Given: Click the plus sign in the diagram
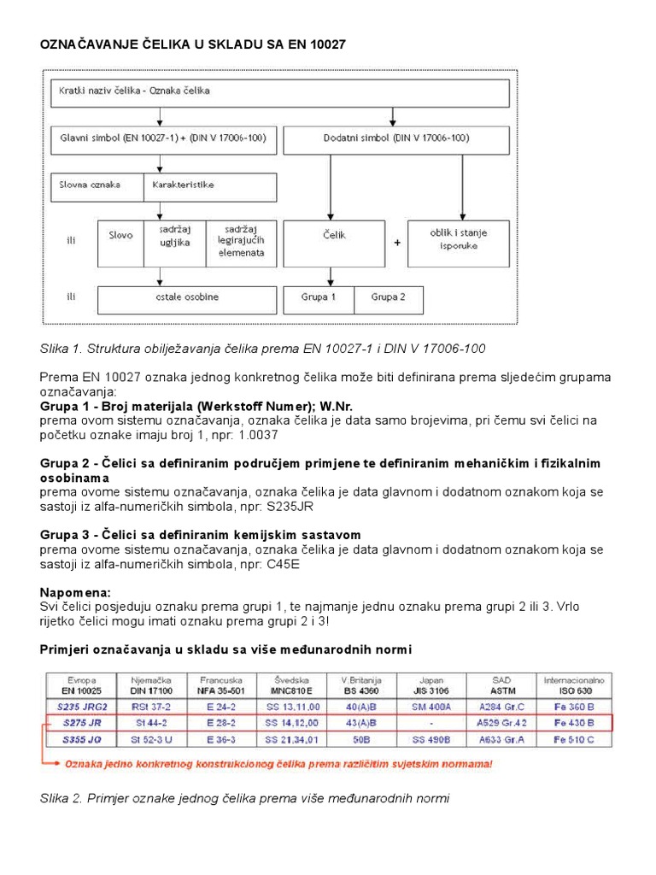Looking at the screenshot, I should (x=397, y=242).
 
